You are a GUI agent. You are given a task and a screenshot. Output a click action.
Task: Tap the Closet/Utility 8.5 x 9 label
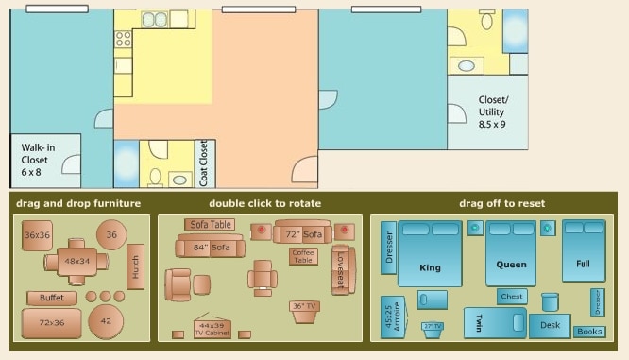pos(492,111)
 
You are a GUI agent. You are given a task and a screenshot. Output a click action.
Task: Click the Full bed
pos(584,250)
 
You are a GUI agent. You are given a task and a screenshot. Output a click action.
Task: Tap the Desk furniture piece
pos(550,324)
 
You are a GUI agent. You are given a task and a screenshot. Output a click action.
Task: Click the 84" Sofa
pos(210,248)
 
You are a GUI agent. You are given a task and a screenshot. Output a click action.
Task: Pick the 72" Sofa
pos(302,232)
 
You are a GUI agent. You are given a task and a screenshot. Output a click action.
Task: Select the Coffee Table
pos(303,256)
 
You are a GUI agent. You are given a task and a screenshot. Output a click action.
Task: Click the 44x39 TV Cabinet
pos(212,328)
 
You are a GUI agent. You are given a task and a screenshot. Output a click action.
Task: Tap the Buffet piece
pos(52,299)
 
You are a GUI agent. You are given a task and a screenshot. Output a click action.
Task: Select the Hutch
pos(135,266)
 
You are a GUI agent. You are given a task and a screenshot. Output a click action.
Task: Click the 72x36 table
pos(51,323)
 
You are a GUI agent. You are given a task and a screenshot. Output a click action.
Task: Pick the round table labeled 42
pos(106,321)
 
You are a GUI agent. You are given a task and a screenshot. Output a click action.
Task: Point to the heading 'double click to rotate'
pos(264,203)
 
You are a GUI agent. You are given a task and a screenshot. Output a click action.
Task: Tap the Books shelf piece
pos(589,332)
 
